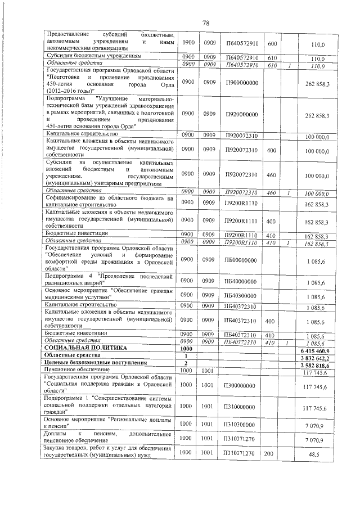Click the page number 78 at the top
205,22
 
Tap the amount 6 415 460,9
316,350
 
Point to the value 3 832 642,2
316,357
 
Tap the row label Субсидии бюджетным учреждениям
93,57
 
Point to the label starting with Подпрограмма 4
110,279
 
